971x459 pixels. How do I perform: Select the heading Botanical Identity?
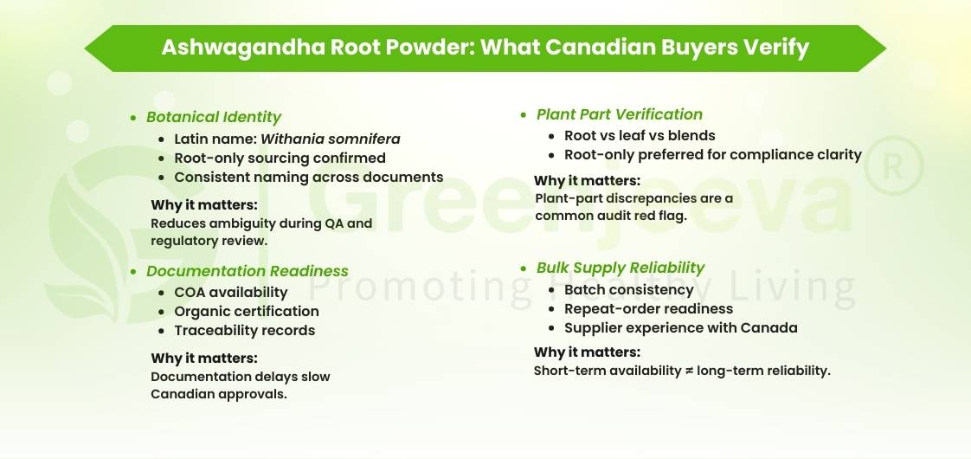[214, 117]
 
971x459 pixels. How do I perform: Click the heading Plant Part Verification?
[619, 114]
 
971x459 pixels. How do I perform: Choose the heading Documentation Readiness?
[247, 271]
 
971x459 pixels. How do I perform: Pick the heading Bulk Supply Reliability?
[620, 268]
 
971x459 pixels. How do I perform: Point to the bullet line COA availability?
[230, 292]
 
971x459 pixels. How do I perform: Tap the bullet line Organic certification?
[246, 311]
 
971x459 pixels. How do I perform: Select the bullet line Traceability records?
[244, 330]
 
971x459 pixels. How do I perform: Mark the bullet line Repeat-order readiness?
[648, 308]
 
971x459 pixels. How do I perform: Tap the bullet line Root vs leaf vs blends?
[640, 135]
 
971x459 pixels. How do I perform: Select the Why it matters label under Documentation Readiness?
[203, 358]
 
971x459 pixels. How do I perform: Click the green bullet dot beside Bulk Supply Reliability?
[524, 268]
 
